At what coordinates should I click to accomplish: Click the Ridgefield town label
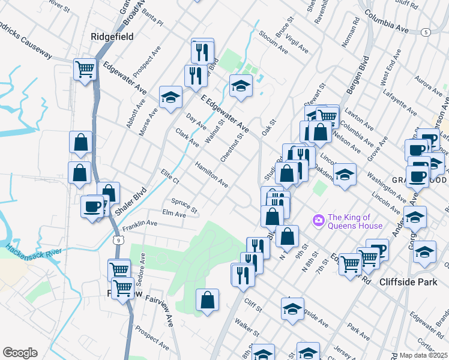112,37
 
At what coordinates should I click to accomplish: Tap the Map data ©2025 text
423,355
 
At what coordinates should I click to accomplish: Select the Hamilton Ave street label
211,174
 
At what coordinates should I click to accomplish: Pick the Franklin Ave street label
139,226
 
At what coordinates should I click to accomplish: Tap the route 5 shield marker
426,31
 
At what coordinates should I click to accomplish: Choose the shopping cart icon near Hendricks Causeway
85,69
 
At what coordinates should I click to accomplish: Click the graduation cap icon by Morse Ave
170,97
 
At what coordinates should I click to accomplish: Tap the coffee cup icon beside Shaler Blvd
92,207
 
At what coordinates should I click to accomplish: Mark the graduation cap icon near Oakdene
345,175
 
